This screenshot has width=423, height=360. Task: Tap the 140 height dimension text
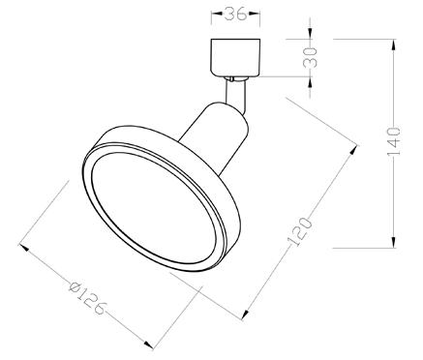[x=393, y=145]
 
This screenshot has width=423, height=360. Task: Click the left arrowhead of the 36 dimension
[x=215, y=15]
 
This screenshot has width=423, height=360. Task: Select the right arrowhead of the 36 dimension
[x=256, y=15]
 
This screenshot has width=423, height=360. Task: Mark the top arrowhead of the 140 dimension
[x=393, y=44]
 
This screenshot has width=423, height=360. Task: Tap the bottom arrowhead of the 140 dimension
[x=393, y=248]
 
